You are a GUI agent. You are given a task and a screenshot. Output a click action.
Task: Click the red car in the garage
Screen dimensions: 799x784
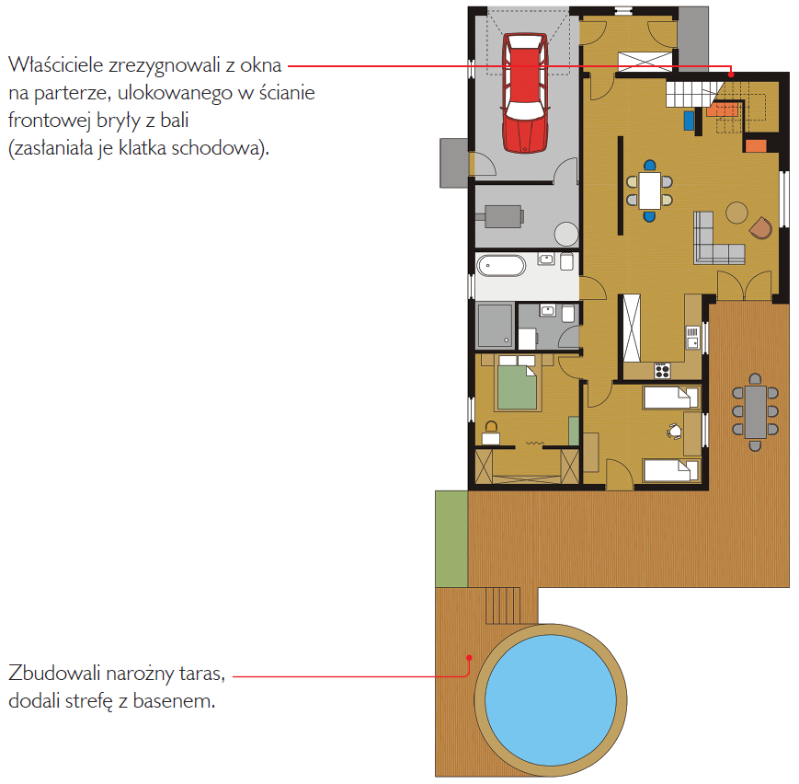[x=525, y=93]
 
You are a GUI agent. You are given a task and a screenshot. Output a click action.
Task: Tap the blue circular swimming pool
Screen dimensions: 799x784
[x=551, y=700]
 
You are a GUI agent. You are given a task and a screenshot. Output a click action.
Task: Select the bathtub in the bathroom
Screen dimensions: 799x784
[x=501, y=266]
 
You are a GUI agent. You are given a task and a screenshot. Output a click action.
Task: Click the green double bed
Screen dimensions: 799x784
[x=517, y=387]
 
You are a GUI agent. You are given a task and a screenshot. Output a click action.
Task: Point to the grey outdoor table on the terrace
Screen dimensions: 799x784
[x=755, y=412]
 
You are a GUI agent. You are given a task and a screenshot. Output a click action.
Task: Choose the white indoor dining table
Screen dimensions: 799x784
[x=650, y=190]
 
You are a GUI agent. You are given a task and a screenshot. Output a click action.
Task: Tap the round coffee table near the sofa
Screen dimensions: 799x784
[x=736, y=213]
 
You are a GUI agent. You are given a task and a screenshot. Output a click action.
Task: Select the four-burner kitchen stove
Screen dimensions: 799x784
[x=662, y=370]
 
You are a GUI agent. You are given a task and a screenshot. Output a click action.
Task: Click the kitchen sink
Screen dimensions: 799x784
[x=692, y=338]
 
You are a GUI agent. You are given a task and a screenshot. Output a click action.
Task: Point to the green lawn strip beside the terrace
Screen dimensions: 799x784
[x=451, y=538]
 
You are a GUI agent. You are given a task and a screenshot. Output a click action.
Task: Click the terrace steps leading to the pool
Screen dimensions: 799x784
[x=502, y=605]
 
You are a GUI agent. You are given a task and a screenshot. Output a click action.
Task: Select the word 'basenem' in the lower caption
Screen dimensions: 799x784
[x=174, y=701]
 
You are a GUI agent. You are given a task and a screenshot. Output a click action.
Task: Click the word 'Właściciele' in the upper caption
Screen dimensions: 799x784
[x=55, y=64]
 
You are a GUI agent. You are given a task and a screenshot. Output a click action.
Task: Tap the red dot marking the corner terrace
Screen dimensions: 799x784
[x=469, y=658]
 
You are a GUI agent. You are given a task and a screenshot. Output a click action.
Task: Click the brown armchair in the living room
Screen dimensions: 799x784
[x=760, y=227]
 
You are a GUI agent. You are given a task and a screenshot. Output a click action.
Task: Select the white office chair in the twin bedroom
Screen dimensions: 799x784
[x=674, y=431]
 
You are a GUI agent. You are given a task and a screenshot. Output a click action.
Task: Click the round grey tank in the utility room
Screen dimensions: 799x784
[x=566, y=234]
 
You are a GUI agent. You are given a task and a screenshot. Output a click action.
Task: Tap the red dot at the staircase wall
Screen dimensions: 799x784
[x=731, y=75]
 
